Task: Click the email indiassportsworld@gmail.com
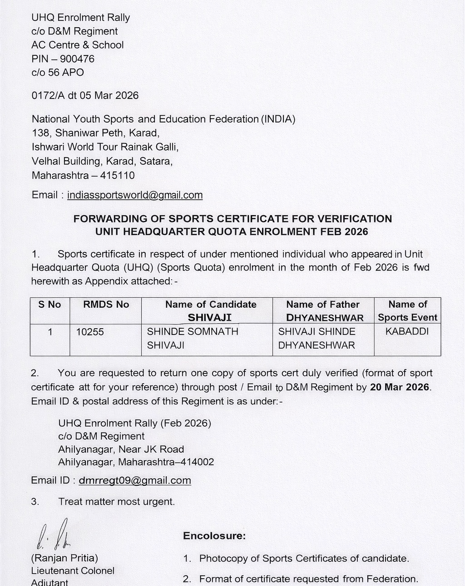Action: tap(135, 195)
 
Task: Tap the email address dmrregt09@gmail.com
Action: tap(135, 480)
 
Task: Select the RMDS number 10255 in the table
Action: tap(90, 332)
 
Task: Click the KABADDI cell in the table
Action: tap(407, 331)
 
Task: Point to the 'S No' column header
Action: tap(49, 305)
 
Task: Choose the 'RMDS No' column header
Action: tap(106, 305)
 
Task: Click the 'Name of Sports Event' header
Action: tap(407, 310)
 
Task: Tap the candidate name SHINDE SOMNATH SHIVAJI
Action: tap(193, 338)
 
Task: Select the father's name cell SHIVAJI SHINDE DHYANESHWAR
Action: tap(317, 338)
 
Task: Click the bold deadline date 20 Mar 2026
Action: tap(400, 387)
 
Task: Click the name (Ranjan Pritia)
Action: tap(64, 558)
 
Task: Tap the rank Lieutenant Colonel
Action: tap(73, 571)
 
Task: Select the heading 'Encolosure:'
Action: tap(214, 536)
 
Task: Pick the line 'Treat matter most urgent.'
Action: tap(116, 502)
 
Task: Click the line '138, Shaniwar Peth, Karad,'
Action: tap(95, 133)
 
